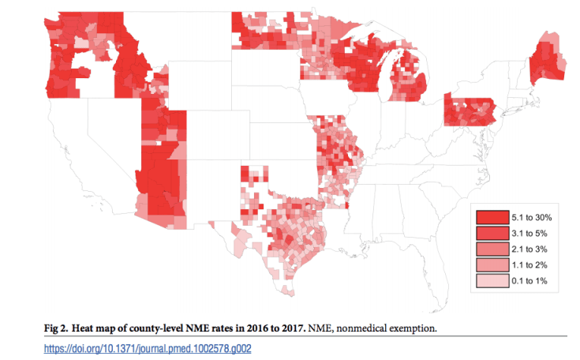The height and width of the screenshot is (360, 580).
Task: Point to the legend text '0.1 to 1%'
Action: tap(533, 280)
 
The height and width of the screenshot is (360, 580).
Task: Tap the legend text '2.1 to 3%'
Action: tap(533, 249)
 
